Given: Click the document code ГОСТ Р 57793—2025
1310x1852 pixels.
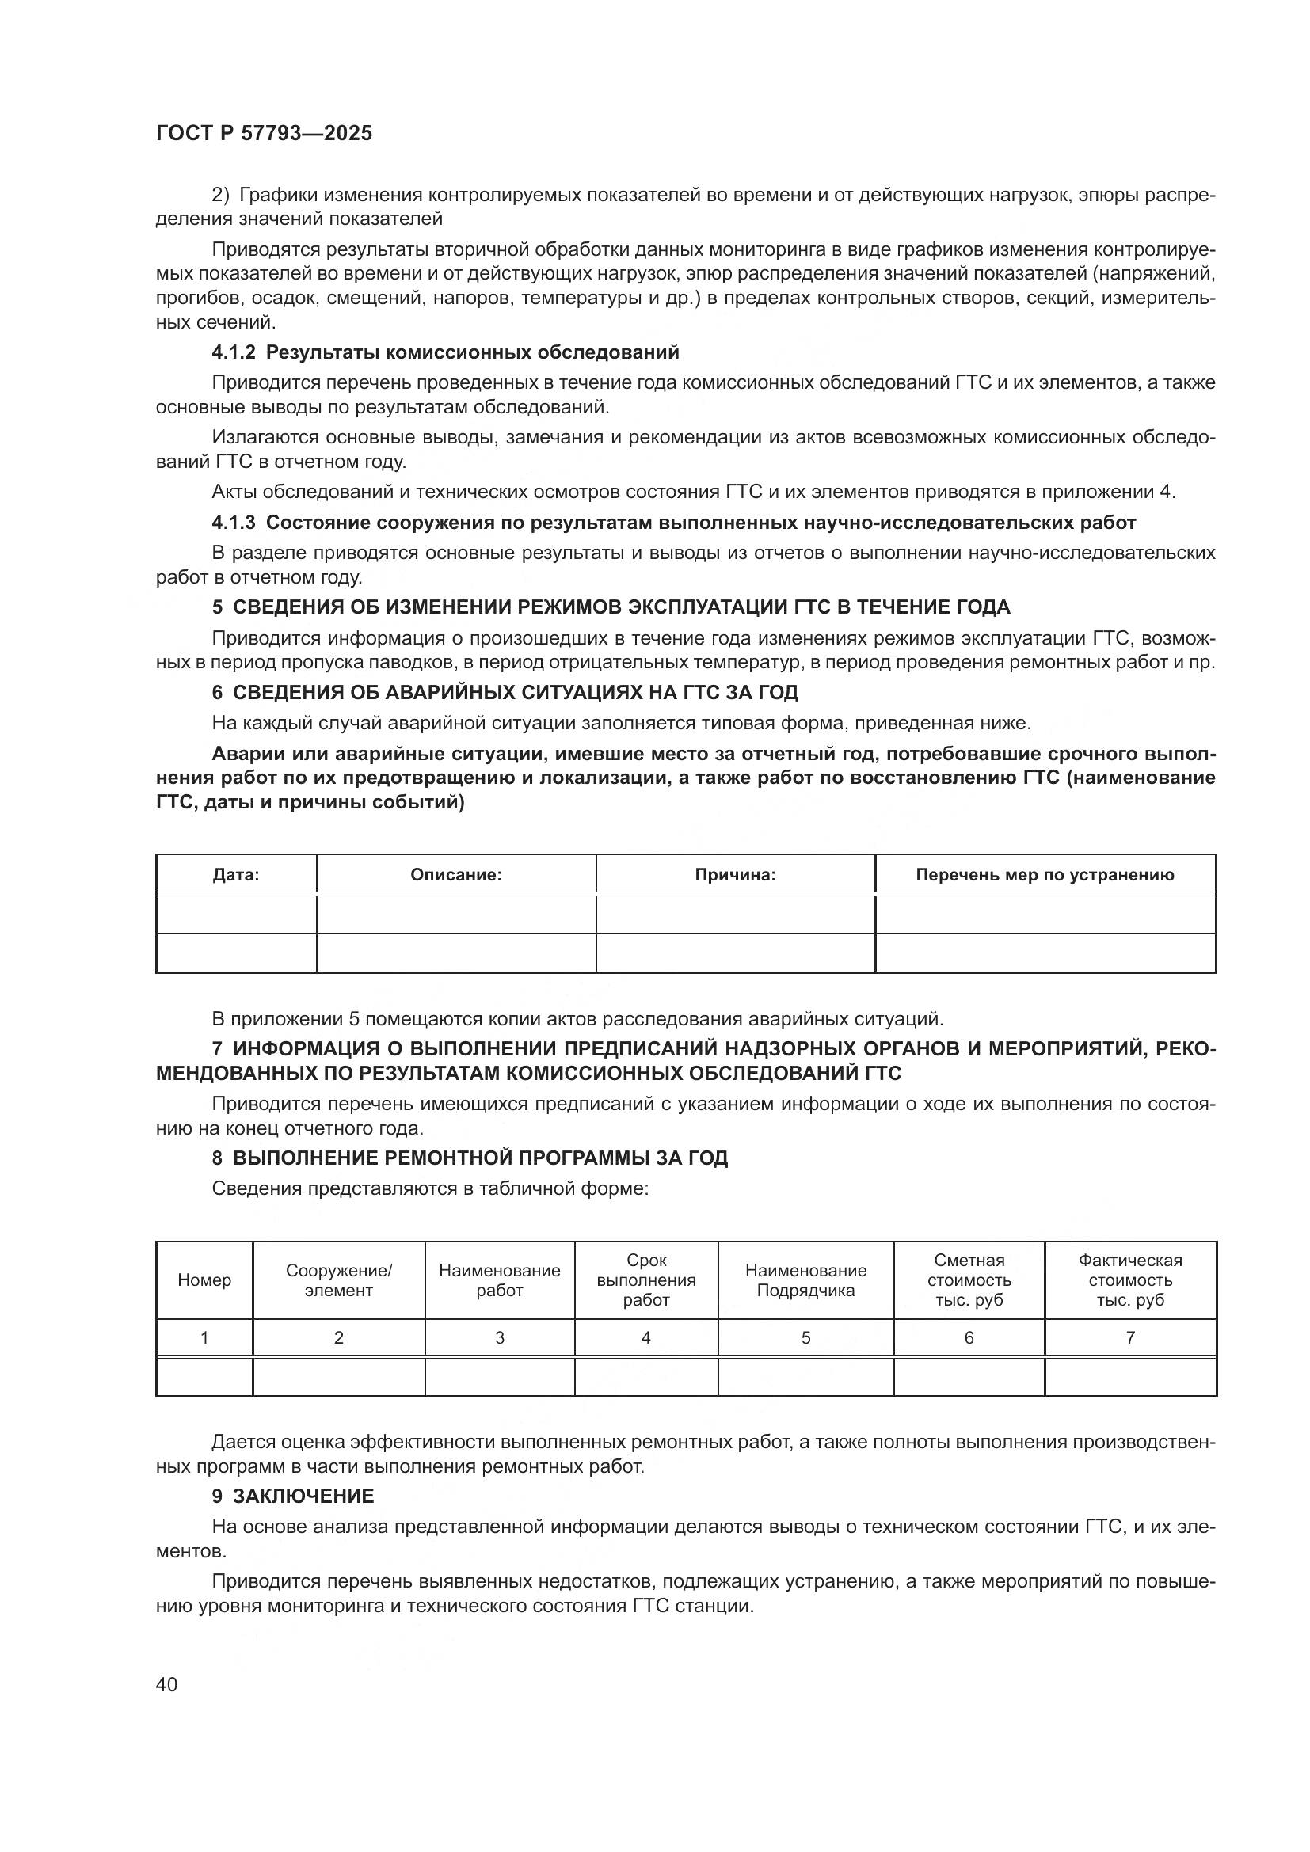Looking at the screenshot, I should pos(264,134).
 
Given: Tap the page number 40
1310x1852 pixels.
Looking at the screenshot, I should pos(166,1684).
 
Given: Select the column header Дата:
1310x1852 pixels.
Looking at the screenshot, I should pos(235,874).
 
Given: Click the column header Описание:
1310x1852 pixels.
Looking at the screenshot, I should pos(455,874).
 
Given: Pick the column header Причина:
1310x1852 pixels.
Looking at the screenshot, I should pos(735,874).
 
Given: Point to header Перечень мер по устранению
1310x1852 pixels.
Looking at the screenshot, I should pos(1045,874).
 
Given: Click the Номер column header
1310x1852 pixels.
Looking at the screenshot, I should pos(204,1280).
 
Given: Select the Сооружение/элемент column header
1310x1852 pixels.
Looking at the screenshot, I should pos(339,1280).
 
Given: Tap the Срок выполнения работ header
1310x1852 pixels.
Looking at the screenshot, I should pos(646,1280).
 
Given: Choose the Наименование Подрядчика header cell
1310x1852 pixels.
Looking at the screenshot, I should pos(805,1280).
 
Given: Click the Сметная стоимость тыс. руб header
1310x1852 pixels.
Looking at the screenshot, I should pos(969,1280).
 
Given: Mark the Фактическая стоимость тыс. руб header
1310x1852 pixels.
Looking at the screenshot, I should pos(1130,1280).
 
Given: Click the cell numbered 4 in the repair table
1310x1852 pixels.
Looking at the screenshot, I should pos(646,1337).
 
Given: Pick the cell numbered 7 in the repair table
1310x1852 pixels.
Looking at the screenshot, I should pos(1130,1337).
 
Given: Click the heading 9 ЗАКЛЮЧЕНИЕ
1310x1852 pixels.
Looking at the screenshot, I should pos(293,1496).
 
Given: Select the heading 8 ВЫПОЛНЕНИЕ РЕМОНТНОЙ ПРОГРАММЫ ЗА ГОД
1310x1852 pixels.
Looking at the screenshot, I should pos(470,1158).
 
